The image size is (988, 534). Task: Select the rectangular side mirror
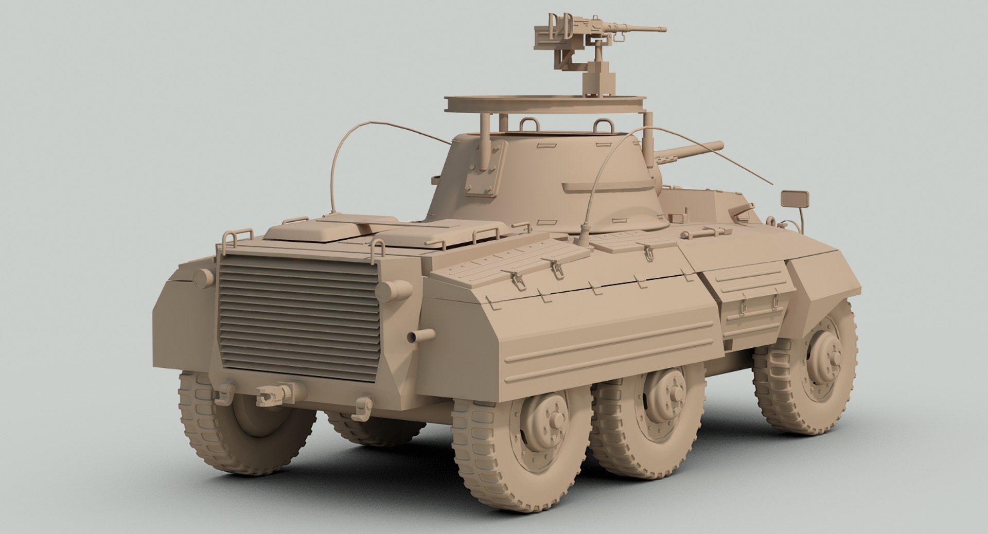(795, 198)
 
